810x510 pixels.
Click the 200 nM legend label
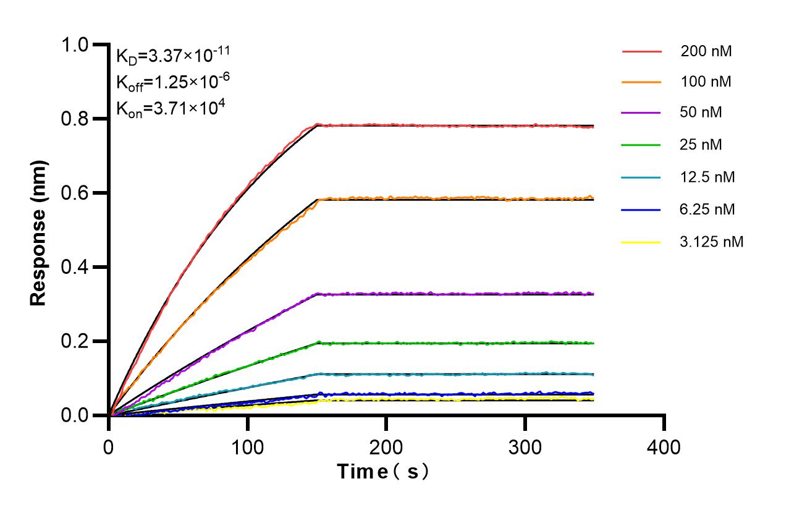point(706,51)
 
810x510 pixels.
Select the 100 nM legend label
point(706,82)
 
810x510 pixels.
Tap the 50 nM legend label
point(701,113)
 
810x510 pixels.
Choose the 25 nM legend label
point(701,145)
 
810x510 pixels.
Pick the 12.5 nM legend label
point(707,177)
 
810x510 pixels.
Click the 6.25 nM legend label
point(707,210)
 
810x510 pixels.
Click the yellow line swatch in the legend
point(641,242)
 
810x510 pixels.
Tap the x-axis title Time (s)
point(383,472)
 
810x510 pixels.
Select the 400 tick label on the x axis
point(664,446)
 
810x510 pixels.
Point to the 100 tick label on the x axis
point(248,446)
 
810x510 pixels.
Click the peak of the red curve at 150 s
point(317,125)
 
